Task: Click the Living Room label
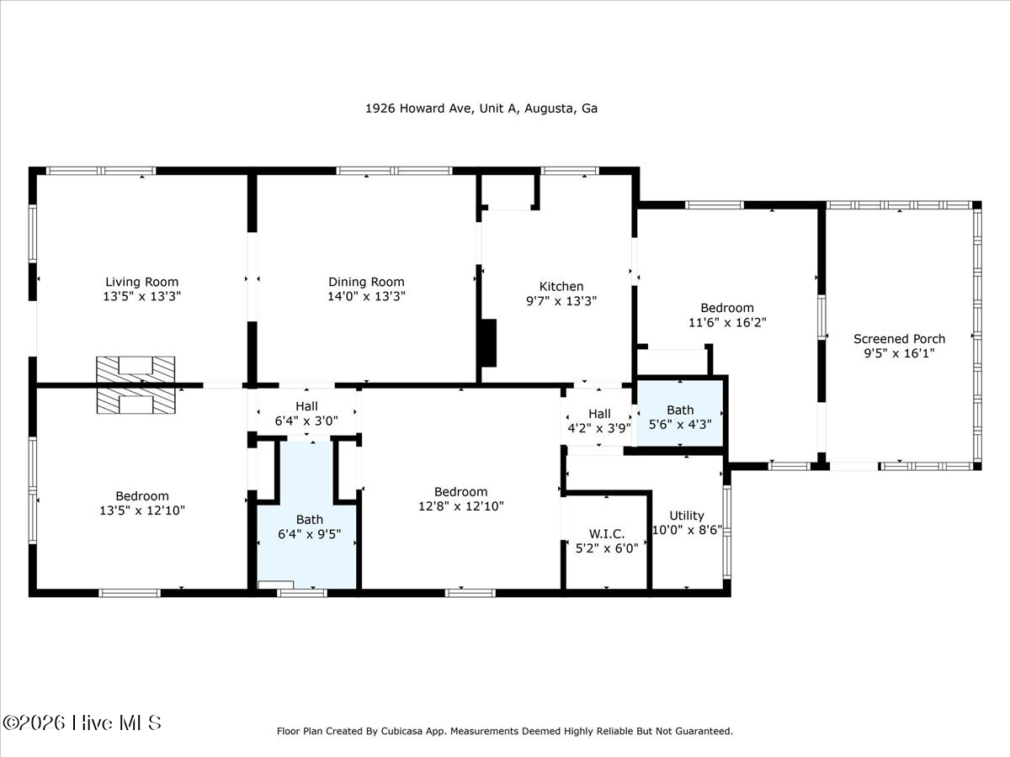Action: (141, 282)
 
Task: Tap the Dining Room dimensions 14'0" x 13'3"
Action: (366, 296)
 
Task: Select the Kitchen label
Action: (561, 286)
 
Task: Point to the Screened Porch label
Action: (899, 339)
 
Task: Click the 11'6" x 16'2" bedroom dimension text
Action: (727, 323)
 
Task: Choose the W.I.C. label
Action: (607, 534)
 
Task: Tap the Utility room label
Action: (687, 516)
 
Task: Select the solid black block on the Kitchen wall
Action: (489, 343)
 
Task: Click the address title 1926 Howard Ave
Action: (481, 109)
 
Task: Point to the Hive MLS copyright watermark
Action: (82, 723)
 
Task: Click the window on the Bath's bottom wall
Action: (302, 593)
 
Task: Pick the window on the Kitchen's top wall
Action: (570, 171)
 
